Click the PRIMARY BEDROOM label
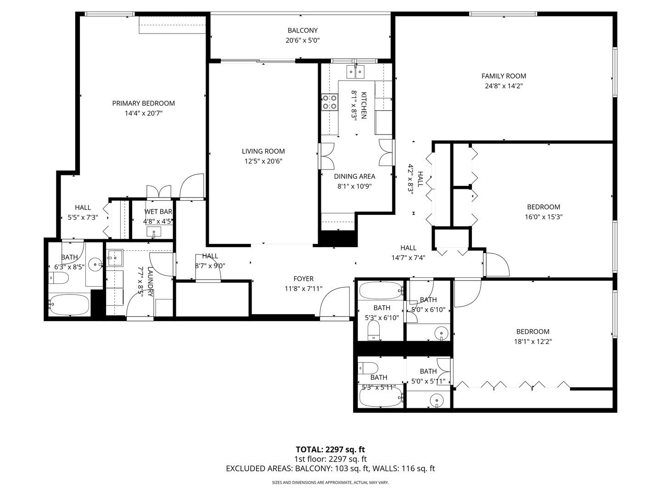143,103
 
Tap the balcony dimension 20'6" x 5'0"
302,40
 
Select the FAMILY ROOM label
504,76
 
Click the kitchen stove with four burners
329,101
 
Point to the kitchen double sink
355,71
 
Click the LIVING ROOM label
263,151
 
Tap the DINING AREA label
354,176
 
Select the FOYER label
303,279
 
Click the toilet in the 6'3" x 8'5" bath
59,278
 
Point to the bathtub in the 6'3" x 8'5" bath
69,305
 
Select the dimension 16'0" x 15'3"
544,217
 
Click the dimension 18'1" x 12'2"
532,342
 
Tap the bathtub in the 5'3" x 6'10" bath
381,290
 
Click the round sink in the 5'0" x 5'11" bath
436,400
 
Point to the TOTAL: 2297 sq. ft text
330,449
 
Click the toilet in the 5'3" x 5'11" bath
369,368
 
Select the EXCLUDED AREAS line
330,468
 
